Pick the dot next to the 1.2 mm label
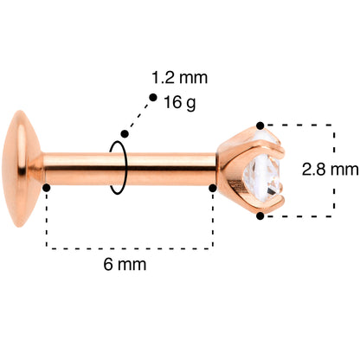152,98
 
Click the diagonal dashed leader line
138,115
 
